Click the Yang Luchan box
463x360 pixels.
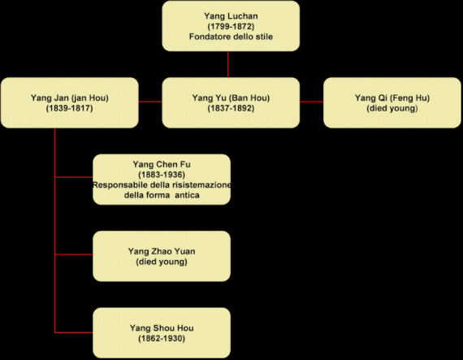[x=231, y=26]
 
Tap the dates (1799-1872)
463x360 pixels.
[x=231, y=26]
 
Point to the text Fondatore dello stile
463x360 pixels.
[x=231, y=37]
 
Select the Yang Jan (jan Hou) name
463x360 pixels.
[x=70, y=98]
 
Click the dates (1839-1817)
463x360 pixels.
[x=69, y=108]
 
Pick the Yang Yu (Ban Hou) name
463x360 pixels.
[x=231, y=98]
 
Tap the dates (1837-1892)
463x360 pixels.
[x=231, y=108]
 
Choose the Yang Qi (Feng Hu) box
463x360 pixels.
[x=392, y=102]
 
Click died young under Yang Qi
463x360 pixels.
[x=392, y=108]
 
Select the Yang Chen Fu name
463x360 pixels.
[x=162, y=164]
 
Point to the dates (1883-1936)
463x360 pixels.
[x=162, y=175]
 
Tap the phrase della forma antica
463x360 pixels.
[x=162, y=195]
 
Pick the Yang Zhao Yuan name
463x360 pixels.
[x=162, y=251]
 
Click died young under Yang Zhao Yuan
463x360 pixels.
[x=162, y=262]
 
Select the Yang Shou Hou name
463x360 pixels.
[x=162, y=327]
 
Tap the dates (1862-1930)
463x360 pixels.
[x=162, y=338]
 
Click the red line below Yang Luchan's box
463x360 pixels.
[x=228, y=64]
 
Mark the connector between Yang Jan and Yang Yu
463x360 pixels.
[x=150, y=102]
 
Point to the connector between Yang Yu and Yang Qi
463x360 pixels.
[x=312, y=102]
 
